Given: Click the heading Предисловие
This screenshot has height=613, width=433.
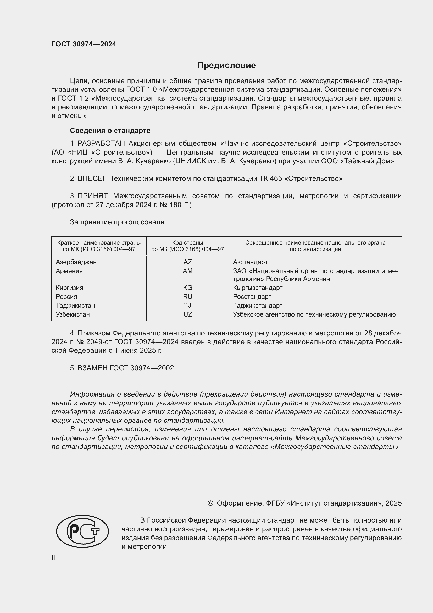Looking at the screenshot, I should pos(226,66).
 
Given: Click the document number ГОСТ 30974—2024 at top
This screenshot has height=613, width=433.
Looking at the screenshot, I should pos(84,44).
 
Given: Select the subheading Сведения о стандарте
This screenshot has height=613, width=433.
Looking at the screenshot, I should pos(110,131).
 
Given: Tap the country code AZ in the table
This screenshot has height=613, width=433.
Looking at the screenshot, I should pos(187,262).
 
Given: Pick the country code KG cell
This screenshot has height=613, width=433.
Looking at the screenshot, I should pos(187,287).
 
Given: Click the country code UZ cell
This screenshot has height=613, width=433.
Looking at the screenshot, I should pos(187,314).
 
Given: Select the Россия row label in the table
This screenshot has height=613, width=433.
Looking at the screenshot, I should pos(66,297).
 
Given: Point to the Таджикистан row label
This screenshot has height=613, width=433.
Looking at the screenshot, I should pos(75,305).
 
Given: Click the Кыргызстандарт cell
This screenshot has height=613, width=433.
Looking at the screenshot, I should pos(258,287).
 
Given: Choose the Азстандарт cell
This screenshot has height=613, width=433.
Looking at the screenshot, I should pos(250,262).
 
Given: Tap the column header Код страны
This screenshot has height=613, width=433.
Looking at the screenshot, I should pos(187,243).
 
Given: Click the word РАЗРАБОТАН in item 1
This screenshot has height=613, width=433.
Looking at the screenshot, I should pos(101,144).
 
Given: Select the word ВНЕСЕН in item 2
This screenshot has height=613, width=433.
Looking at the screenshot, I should pos(92,179).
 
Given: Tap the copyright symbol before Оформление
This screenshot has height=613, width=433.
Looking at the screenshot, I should pos(210,503).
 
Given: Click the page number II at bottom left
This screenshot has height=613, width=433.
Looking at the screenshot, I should pos(53,558).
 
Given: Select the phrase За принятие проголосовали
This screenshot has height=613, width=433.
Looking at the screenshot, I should pos(118,222).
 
